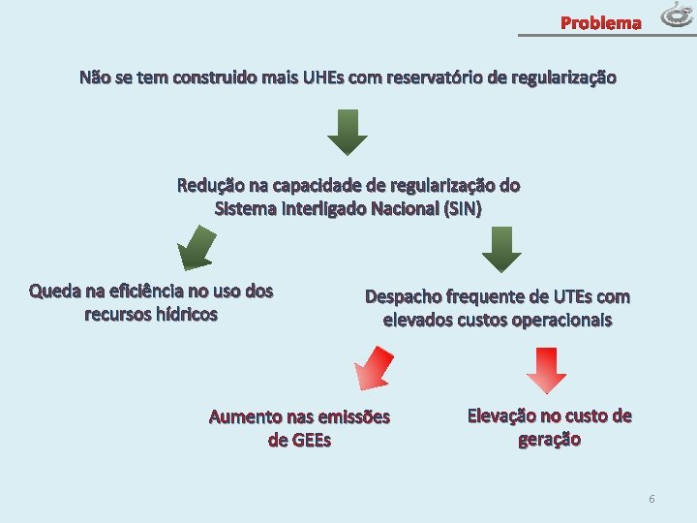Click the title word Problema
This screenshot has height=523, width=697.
coord(601,22)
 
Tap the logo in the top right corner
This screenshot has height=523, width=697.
coord(678,15)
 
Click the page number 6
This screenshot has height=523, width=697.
coord(652,498)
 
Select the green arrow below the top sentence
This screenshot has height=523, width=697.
coord(348,132)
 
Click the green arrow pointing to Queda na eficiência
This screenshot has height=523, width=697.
coord(199,247)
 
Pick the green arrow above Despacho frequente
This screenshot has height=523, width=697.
coord(501,250)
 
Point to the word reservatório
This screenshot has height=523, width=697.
coord(436,77)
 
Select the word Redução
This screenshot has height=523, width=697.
coord(207,185)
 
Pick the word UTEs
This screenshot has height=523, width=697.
coord(575,296)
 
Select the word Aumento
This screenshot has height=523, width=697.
coord(243,417)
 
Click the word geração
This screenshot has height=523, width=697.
coord(550,440)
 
